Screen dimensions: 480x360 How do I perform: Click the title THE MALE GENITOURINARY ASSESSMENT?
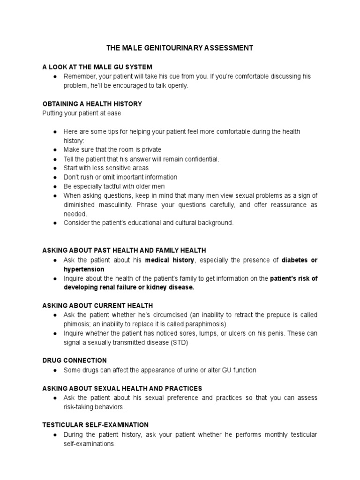click(180, 48)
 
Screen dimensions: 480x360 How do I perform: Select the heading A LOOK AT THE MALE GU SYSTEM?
click(97, 67)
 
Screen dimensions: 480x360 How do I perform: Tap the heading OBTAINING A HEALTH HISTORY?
click(92, 104)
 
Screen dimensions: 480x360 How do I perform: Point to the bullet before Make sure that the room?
click(55, 150)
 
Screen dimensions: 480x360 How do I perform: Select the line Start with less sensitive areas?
click(106, 168)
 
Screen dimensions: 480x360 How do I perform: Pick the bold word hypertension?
click(84, 269)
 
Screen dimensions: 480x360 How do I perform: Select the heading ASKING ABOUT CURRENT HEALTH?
click(97, 306)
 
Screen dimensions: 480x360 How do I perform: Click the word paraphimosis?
click(204, 324)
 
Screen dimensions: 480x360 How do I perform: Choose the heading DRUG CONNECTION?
click(75, 360)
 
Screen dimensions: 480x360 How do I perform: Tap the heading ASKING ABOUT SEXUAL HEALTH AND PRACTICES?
click(122, 388)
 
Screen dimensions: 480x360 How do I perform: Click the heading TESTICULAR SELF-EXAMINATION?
click(96, 425)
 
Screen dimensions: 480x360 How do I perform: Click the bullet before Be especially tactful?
click(55, 187)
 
